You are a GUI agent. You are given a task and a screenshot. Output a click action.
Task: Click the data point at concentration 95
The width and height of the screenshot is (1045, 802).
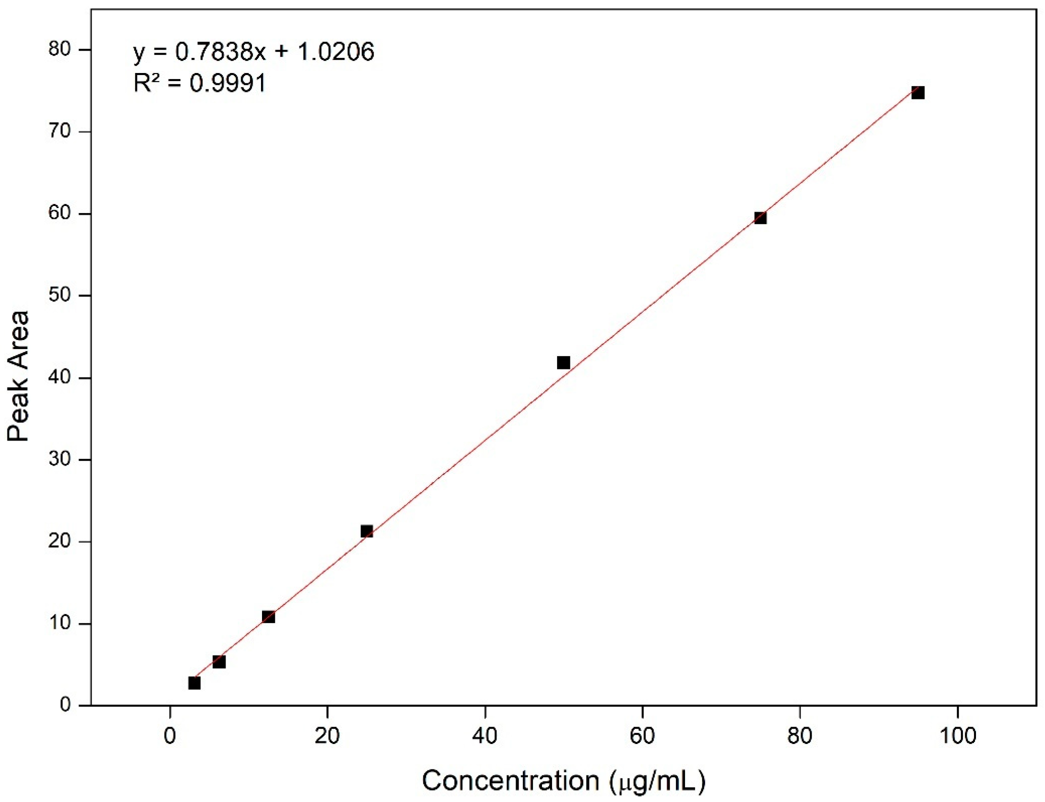[x=917, y=92]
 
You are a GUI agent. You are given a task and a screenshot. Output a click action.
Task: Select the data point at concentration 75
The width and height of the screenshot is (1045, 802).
[x=760, y=217]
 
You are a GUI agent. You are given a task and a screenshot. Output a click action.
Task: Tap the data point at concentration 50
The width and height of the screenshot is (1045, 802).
[x=563, y=362]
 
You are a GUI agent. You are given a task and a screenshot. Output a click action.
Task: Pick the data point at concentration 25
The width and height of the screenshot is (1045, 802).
[x=366, y=531]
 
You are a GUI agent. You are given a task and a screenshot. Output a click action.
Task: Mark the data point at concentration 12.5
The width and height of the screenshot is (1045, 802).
[x=268, y=616]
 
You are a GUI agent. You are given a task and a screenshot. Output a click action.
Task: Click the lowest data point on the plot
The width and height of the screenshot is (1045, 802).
[x=194, y=683]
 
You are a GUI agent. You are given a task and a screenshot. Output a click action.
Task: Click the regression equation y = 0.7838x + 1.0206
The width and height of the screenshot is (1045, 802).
[x=253, y=51]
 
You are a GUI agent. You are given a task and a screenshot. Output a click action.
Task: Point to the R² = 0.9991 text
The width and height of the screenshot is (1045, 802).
[x=199, y=83]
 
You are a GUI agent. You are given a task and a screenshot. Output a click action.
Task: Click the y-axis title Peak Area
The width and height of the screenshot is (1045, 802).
[x=18, y=376]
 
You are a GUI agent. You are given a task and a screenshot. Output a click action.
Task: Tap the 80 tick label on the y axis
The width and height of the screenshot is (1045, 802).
[x=60, y=49]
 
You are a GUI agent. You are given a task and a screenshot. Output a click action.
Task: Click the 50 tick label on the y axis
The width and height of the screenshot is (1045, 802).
[x=60, y=295]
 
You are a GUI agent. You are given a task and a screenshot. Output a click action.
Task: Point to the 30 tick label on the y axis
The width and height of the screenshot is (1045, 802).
[x=60, y=459]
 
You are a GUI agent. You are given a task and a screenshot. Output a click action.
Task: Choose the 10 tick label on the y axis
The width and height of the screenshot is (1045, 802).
[x=60, y=623]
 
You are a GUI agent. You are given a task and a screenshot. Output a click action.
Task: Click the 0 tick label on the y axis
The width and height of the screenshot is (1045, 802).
[x=65, y=705]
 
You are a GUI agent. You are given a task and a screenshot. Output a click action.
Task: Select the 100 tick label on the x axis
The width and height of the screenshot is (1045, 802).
[x=957, y=736]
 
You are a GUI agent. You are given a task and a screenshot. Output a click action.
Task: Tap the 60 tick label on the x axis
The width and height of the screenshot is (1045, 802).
[x=642, y=736]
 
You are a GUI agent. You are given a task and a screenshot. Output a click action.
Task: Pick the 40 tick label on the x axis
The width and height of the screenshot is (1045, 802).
[x=485, y=736]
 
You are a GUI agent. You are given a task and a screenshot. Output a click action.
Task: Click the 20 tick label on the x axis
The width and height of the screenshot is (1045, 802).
[x=327, y=736]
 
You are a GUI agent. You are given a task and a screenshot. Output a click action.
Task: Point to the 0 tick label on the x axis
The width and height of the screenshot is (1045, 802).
[x=170, y=736]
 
